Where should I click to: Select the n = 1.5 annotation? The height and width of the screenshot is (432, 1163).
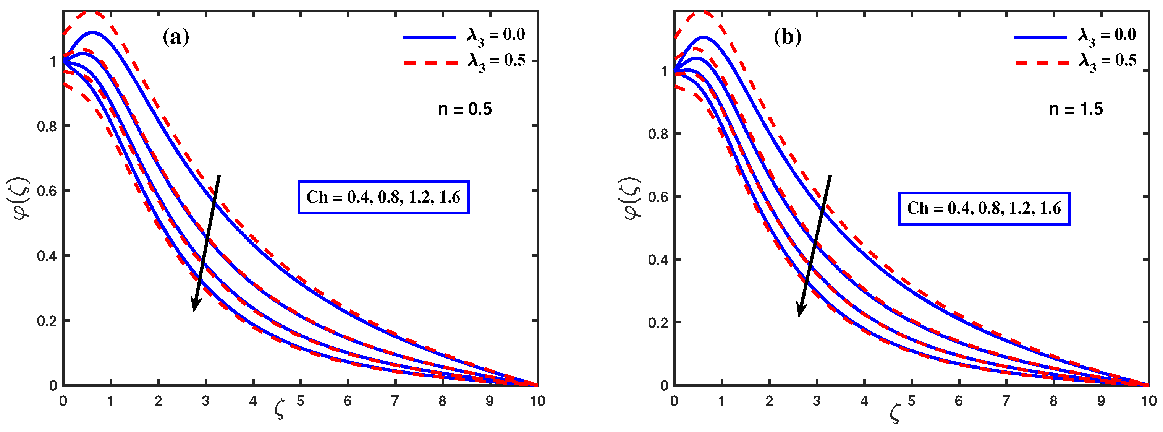point(1076,109)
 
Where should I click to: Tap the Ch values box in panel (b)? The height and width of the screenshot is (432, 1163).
point(984,208)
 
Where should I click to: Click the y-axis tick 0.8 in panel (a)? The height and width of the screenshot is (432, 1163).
point(47,126)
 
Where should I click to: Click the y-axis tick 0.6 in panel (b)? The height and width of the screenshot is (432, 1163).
point(658,197)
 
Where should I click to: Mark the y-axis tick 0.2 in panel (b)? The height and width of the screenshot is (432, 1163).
point(658,323)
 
